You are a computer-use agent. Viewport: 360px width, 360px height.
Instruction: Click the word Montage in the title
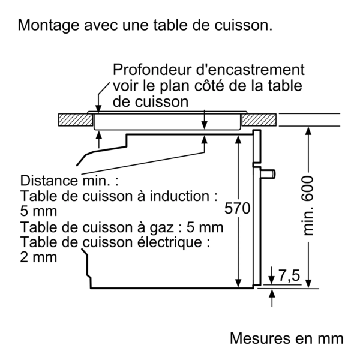pos(49,25)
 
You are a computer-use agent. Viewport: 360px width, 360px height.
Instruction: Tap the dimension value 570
pos(237,208)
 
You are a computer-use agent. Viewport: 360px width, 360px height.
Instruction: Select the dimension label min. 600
pos(308,205)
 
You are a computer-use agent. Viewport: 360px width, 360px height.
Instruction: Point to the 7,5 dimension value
pos(289,275)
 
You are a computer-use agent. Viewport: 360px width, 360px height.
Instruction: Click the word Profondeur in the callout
pos(152,70)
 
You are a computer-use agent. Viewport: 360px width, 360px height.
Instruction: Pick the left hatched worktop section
pos(76,120)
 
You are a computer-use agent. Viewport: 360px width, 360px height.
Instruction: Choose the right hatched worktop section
pos(259,120)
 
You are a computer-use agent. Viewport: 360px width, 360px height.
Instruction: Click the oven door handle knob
pos(268,174)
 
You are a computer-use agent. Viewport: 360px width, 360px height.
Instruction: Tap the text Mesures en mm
pos(287,338)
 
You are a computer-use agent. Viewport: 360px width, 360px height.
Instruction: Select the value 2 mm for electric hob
pos(38,257)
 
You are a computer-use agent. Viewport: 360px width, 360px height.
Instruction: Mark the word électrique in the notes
pos(170,242)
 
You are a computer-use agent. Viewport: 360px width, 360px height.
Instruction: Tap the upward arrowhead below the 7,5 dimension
pos(272,293)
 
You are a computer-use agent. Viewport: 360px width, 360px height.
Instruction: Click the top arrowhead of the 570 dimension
pos(238,140)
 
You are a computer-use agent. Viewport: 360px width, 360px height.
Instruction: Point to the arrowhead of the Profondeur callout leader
pos(98,108)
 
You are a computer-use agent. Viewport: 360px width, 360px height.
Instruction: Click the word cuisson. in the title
pos(244,25)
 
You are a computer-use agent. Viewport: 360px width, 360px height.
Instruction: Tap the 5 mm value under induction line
pos(38,211)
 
